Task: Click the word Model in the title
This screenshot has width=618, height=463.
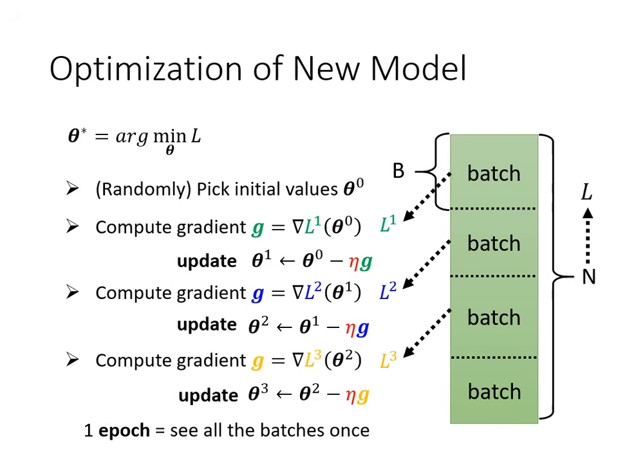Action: tap(418, 69)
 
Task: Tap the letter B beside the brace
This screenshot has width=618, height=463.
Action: tap(398, 171)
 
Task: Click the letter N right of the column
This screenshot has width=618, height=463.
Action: tap(588, 277)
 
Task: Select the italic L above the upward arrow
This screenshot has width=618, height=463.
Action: tap(586, 192)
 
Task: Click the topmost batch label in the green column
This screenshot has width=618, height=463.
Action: tap(494, 174)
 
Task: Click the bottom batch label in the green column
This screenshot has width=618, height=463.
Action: tap(494, 392)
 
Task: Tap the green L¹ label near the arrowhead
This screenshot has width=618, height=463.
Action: tap(388, 225)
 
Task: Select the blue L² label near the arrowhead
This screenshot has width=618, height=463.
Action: tap(388, 292)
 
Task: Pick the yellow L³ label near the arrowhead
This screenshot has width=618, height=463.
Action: tap(388, 360)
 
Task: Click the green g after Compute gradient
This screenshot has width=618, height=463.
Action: tap(257, 228)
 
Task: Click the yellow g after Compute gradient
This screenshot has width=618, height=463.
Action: tap(257, 361)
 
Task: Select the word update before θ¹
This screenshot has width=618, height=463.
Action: tap(206, 261)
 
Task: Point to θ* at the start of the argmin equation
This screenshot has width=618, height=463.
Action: tap(77, 136)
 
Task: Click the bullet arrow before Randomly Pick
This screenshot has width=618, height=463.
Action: tap(72, 188)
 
